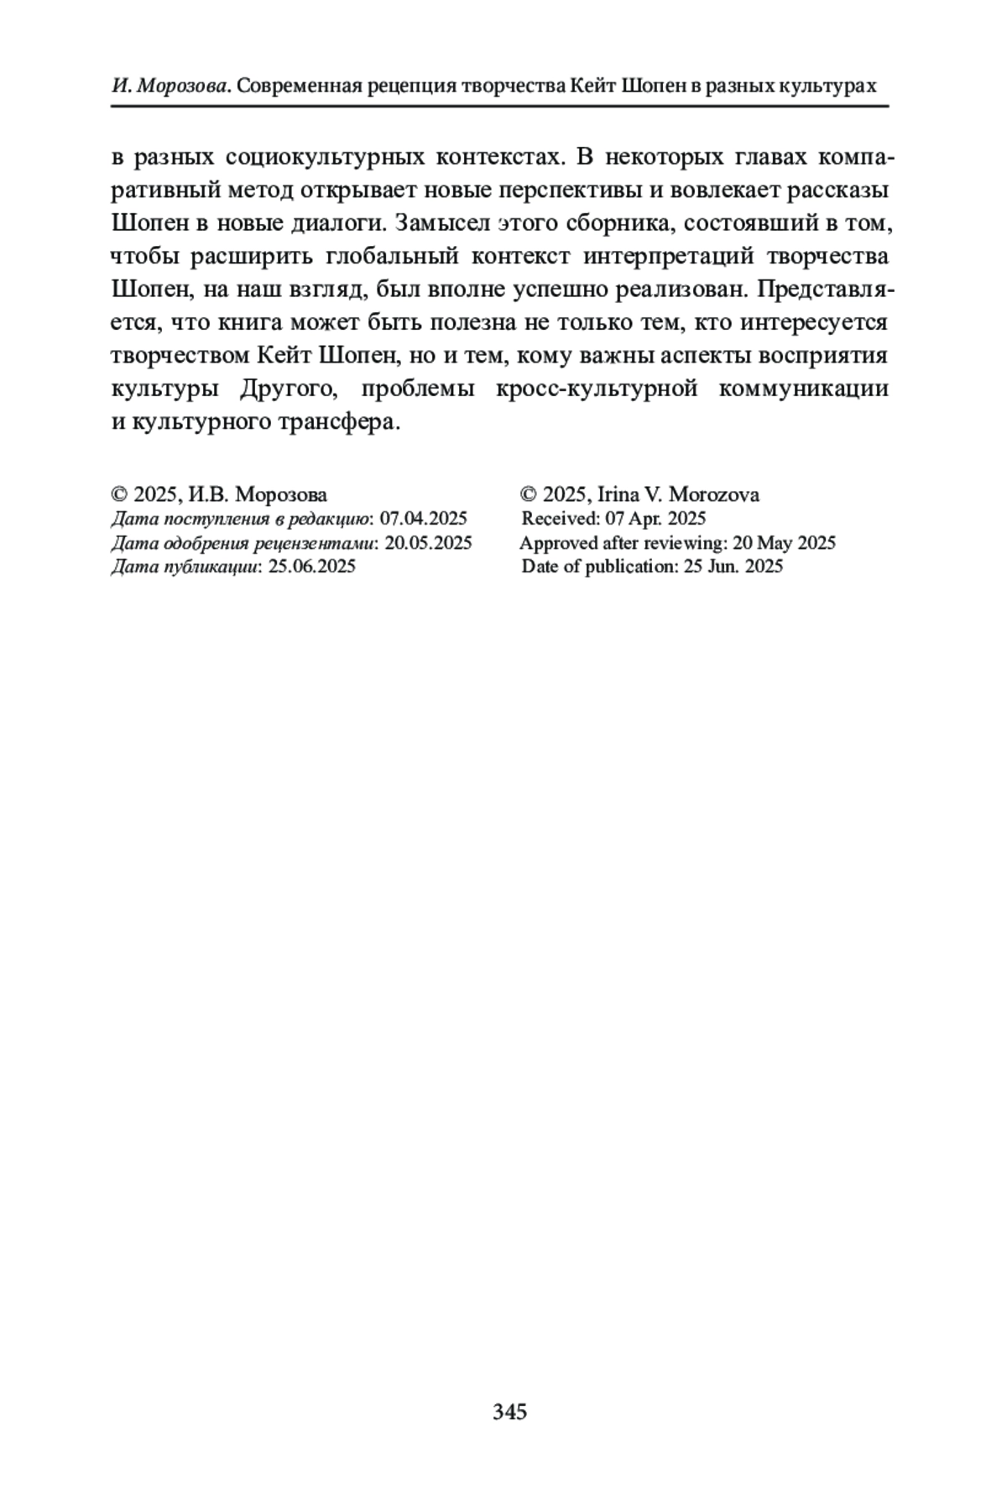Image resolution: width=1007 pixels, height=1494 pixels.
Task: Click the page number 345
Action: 509,1411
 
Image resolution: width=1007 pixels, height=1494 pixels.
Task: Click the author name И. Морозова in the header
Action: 172,86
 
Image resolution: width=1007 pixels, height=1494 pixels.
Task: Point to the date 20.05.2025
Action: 428,542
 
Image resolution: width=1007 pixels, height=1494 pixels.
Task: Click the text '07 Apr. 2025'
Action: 655,519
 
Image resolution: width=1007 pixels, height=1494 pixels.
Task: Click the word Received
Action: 559,519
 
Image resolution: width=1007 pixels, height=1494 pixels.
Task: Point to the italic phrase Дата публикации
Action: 186,566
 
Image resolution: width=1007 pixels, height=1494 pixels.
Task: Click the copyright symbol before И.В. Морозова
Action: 118,494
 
